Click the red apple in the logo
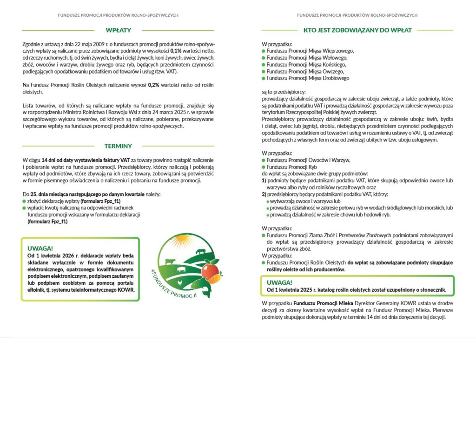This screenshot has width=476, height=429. (x=210, y=270)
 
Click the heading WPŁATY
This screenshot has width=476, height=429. (x=118, y=30)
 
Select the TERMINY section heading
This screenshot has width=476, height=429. (x=118, y=146)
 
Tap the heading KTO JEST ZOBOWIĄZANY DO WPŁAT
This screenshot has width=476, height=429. (x=357, y=30)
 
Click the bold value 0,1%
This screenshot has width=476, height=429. (x=176, y=50)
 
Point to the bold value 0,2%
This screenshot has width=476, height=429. (x=153, y=86)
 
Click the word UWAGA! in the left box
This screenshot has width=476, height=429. (x=40, y=248)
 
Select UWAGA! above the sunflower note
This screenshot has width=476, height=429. (x=279, y=282)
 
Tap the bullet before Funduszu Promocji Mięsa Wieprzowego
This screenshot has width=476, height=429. (x=264, y=51)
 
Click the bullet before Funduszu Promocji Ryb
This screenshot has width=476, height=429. (x=264, y=167)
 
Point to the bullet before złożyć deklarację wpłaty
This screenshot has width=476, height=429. (x=24, y=201)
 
